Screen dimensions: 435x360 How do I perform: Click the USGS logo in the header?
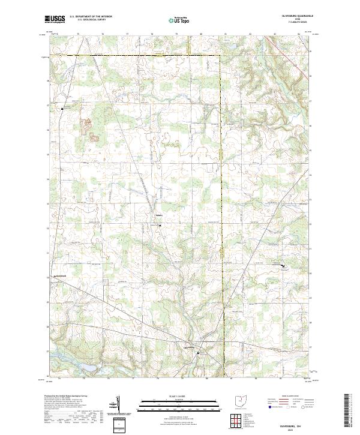click(55, 19)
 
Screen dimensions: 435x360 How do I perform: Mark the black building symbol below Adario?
click(160, 225)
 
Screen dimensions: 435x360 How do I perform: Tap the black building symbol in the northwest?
click(62, 109)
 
